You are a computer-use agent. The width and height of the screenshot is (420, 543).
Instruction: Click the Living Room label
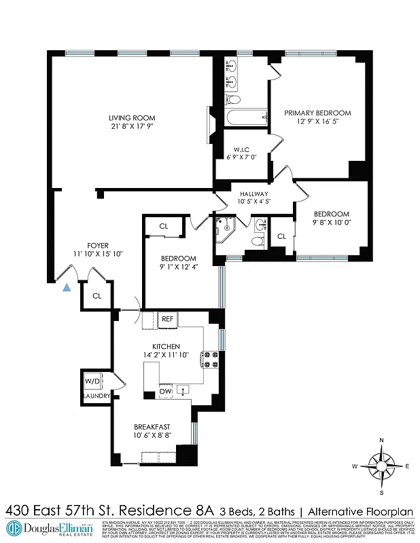pyautogui.click(x=128, y=118)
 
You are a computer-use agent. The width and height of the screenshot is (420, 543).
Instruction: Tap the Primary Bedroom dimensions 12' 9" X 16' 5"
pyautogui.click(x=317, y=122)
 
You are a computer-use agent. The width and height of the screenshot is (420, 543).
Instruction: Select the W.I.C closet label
pyautogui.click(x=240, y=150)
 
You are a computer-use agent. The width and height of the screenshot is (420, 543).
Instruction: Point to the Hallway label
pyautogui.click(x=254, y=193)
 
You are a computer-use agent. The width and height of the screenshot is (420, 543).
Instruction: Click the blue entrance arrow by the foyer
pyautogui.click(x=66, y=288)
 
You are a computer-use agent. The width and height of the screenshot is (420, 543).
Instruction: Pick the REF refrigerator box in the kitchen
pyautogui.click(x=167, y=319)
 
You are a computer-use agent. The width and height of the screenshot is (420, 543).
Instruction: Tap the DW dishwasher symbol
pyautogui.click(x=165, y=391)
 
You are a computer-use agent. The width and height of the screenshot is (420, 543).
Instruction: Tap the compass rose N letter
pyautogui.click(x=381, y=441)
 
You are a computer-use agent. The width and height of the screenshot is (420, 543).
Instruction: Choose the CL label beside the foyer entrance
pyautogui.click(x=97, y=296)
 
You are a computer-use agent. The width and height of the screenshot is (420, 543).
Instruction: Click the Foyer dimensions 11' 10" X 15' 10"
pyautogui.click(x=98, y=255)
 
